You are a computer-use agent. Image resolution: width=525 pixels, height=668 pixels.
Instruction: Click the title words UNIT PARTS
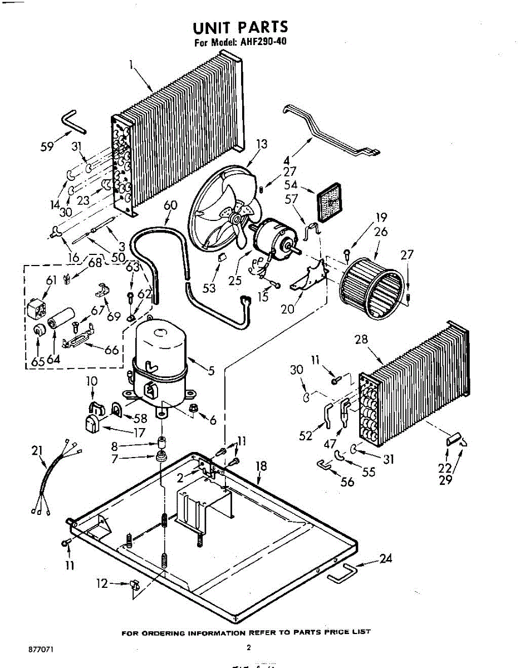click(x=241, y=27)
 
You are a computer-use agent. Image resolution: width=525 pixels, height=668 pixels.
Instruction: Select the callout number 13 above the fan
click(x=261, y=144)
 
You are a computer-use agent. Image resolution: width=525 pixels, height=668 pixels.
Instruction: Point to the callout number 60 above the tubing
click(x=170, y=205)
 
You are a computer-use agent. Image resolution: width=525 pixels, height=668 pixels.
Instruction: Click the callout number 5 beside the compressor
click(x=211, y=370)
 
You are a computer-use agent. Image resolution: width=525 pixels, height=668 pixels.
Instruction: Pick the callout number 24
click(x=385, y=558)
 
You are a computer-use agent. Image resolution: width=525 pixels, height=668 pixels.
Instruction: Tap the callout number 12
click(x=101, y=584)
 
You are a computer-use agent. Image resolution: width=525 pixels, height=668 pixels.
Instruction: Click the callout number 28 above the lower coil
click(x=362, y=339)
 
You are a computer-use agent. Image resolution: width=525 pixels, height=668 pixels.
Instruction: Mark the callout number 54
click(x=291, y=184)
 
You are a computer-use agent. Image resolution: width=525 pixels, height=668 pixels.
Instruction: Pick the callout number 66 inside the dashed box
click(x=112, y=350)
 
